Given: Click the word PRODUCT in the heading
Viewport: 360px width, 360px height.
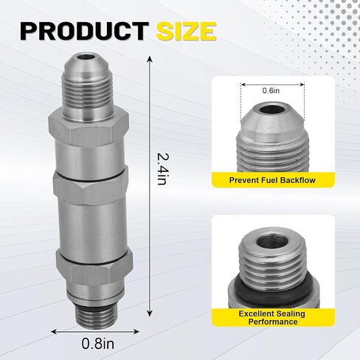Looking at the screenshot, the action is (84, 31).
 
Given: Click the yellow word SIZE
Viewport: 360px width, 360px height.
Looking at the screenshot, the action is (187, 31).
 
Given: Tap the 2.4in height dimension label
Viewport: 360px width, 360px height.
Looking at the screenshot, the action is (162, 170).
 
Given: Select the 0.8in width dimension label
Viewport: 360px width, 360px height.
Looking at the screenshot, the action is (98, 343).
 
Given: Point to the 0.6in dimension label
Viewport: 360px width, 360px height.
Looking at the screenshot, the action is (271, 91).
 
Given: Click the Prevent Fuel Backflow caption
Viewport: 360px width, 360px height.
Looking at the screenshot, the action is (272, 180).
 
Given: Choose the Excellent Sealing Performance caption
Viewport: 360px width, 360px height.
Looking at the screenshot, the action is (272, 317).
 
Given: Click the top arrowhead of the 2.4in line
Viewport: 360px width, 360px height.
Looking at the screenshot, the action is (150, 60).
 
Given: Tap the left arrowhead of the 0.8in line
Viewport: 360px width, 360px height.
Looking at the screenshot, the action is (55, 331).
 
